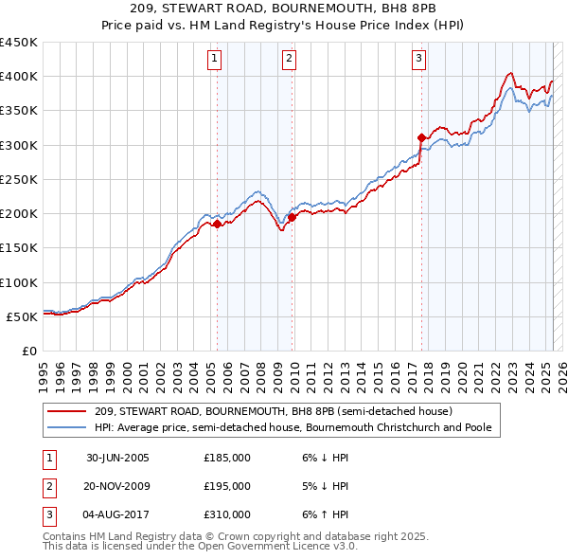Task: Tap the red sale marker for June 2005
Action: [x=217, y=224]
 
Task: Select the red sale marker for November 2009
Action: [x=292, y=217]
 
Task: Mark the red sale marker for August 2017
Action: [x=421, y=137]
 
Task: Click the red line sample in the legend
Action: [x=68, y=411]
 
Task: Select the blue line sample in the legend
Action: [x=68, y=427]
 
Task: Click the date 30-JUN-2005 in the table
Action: [x=118, y=458]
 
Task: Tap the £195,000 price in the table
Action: [x=227, y=486]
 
